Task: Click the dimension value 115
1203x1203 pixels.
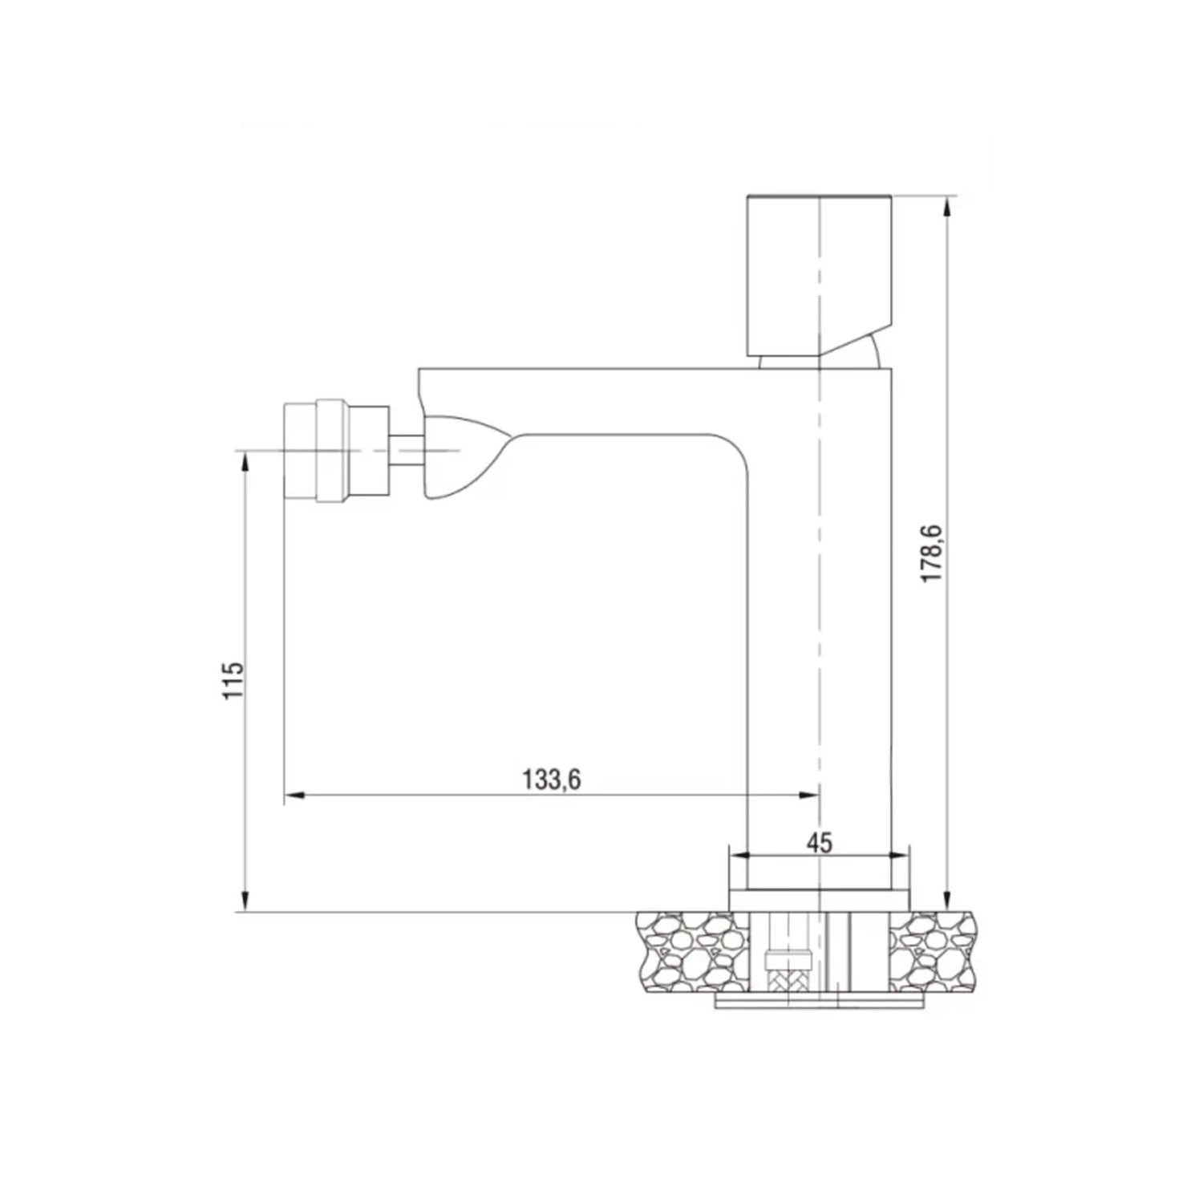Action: click(x=233, y=680)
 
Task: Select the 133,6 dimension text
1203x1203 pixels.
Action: click(x=551, y=780)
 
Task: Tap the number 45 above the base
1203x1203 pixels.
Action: click(x=819, y=843)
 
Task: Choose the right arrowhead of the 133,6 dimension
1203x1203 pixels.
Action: click(x=809, y=796)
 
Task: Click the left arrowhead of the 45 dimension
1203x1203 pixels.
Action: click(x=736, y=857)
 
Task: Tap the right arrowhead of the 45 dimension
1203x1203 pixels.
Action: click(x=901, y=857)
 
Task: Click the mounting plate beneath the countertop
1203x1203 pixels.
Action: click(x=818, y=1003)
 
